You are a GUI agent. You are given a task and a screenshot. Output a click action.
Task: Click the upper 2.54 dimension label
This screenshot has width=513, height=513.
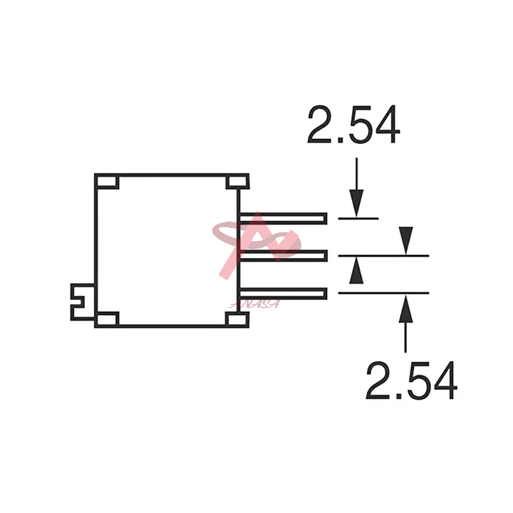click(353, 124)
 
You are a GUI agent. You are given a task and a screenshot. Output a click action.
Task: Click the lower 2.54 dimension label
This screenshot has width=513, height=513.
click(412, 380)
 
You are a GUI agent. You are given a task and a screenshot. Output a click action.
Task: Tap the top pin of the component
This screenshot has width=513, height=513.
click(284, 218)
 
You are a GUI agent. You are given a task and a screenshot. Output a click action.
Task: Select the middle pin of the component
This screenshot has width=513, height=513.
click(284, 256)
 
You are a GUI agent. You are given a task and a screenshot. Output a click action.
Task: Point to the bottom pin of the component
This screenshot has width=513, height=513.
click(284, 293)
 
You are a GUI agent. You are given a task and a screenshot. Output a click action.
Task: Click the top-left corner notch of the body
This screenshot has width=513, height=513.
click(108, 182)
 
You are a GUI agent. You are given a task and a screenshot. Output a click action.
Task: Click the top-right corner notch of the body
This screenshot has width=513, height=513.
click(237, 182)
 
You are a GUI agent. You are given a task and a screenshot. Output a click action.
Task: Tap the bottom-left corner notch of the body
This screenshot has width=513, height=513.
click(108, 319)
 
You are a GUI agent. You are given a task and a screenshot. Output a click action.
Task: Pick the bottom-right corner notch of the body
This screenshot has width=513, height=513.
click(237, 319)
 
